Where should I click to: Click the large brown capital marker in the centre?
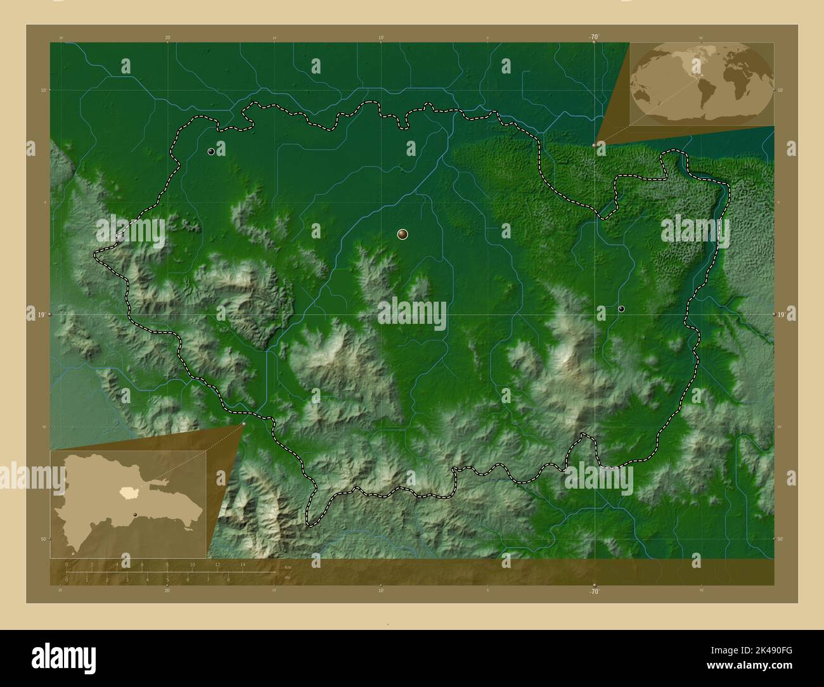(402, 234)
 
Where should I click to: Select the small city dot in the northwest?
(210, 151)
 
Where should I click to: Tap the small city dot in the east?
(621, 309)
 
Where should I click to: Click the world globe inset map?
(702, 83)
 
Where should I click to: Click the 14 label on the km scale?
(243, 564)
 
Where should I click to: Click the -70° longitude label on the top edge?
(594, 37)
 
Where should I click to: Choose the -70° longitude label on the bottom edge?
(594, 591)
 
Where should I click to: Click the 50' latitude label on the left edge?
(44, 539)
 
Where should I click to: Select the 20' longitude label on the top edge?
(167, 37)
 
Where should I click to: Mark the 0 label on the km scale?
(67, 564)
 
